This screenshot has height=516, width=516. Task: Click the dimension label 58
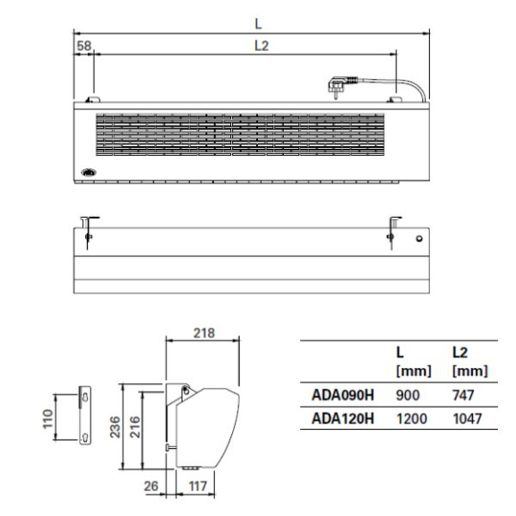pyautogui.click(x=83, y=46)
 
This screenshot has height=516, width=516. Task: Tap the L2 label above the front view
pyautogui.click(x=262, y=46)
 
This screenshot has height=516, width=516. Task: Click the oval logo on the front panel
pyautogui.click(x=89, y=172)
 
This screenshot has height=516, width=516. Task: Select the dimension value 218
pyautogui.click(x=204, y=333)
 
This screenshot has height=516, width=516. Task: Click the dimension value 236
pyautogui.click(x=116, y=426)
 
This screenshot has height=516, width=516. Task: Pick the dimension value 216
pyautogui.click(x=135, y=426)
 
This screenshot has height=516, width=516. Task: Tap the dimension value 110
pyautogui.click(x=48, y=418)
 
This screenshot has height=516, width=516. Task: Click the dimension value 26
pyautogui.click(x=151, y=486)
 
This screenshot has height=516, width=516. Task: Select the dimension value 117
pyautogui.click(x=198, y=486)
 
